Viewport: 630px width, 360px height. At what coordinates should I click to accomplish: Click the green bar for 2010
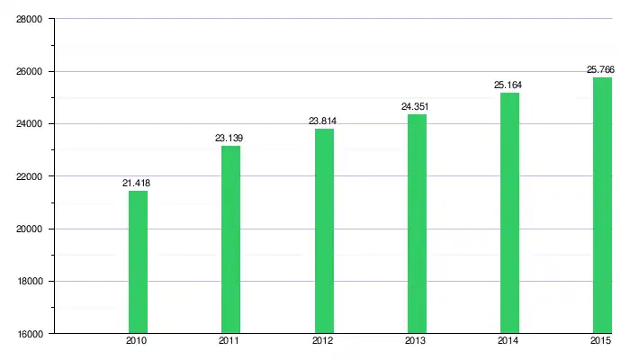[x=138, y=262]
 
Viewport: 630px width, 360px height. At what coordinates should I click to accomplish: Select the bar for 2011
[x=230, y=239]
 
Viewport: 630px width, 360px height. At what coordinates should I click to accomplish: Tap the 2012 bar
[x=324, y=230]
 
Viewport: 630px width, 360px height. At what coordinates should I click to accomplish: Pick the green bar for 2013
[x=417, y=223]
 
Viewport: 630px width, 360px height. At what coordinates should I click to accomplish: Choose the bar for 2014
[x=509, y=212]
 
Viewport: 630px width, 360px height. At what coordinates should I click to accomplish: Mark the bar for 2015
[x=602, y=205]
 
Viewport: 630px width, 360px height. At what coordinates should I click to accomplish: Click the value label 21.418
[x=137, y=184]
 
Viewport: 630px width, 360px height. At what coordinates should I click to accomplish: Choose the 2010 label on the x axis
[x=137, y=342]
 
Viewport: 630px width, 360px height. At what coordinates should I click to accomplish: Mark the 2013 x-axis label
[x=416, y=342]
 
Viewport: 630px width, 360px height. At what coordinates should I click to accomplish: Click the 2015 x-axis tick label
[x=601, y=342]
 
